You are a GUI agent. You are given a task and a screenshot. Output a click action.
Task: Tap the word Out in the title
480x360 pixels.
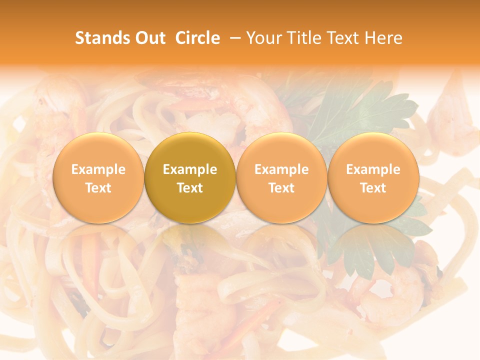[x=149, y=38]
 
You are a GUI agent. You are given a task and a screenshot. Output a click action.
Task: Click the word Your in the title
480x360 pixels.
[x=263, y=38]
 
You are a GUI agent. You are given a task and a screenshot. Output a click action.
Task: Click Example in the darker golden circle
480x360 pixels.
[x=190, y=169]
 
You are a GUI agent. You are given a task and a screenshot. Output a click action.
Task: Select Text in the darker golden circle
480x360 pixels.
[x=190, y=188]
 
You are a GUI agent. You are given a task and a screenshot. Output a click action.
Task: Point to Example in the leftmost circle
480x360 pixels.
[x=98, y=169]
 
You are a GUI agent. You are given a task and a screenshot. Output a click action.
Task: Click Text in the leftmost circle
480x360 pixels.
[x=98, y=188]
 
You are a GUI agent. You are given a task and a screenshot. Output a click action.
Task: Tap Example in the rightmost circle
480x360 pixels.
[x=373, y=169]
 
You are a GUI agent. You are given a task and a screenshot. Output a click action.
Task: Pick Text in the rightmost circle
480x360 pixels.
[x=373, y=188]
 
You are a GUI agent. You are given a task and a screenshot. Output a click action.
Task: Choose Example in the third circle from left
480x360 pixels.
[x=282, y=169]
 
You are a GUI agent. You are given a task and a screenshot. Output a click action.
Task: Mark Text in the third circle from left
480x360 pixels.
[x=282, y=188]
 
